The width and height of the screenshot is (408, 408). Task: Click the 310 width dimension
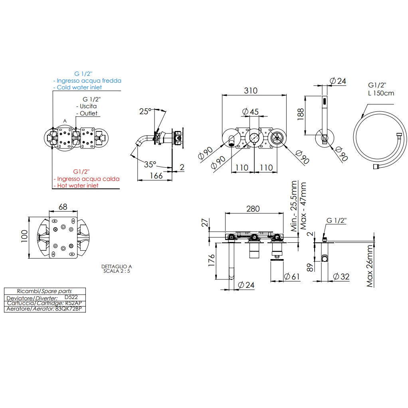click(251, 91)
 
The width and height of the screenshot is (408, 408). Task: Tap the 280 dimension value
click(253, 209)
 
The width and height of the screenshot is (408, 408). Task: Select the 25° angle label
click(146, 111)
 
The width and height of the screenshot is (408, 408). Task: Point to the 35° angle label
click(150, 164)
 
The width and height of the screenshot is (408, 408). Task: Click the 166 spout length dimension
click(156, 176)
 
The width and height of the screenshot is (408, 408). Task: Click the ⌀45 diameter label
click(251, 111)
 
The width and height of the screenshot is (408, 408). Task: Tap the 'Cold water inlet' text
click(79, 87)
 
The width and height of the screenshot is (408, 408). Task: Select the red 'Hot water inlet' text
click(77, 185)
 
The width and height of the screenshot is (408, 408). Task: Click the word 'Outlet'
click(88, 113)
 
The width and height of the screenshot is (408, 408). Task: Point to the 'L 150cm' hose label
click(381, 93)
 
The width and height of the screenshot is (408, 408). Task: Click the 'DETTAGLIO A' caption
click(117, 266)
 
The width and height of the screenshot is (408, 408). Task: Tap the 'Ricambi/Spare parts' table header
click(45, 291)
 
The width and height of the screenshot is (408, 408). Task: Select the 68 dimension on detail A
click(63, 207)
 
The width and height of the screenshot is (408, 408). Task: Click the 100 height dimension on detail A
click(24, 238)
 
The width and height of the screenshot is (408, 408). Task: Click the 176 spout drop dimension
click(211, 261)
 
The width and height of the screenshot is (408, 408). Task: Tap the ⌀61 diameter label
click(291, 276)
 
